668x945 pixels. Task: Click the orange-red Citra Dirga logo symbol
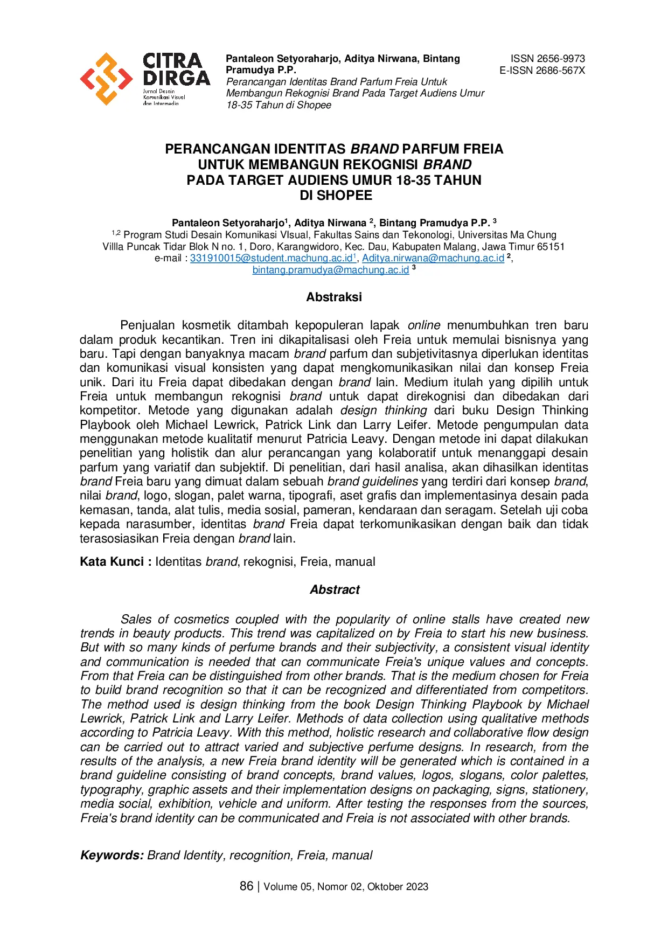coord(106,79)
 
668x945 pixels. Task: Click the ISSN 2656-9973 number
coord(547,59)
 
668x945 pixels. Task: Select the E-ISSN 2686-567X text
coord(542,71)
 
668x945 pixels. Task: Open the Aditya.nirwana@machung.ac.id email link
coord(433,258)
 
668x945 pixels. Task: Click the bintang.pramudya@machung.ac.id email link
coord(330,270)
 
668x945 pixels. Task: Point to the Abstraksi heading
coord(334,297)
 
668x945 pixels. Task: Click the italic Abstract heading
coord(334,589)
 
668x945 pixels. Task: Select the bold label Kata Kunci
coord(112,561)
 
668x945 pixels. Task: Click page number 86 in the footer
coord(246,886)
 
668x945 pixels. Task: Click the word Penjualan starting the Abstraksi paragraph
coord(147,325)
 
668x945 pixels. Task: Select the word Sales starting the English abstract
coord(136,620)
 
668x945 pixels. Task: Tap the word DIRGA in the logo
coord(176,78)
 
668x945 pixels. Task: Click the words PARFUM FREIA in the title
coord(453,149)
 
